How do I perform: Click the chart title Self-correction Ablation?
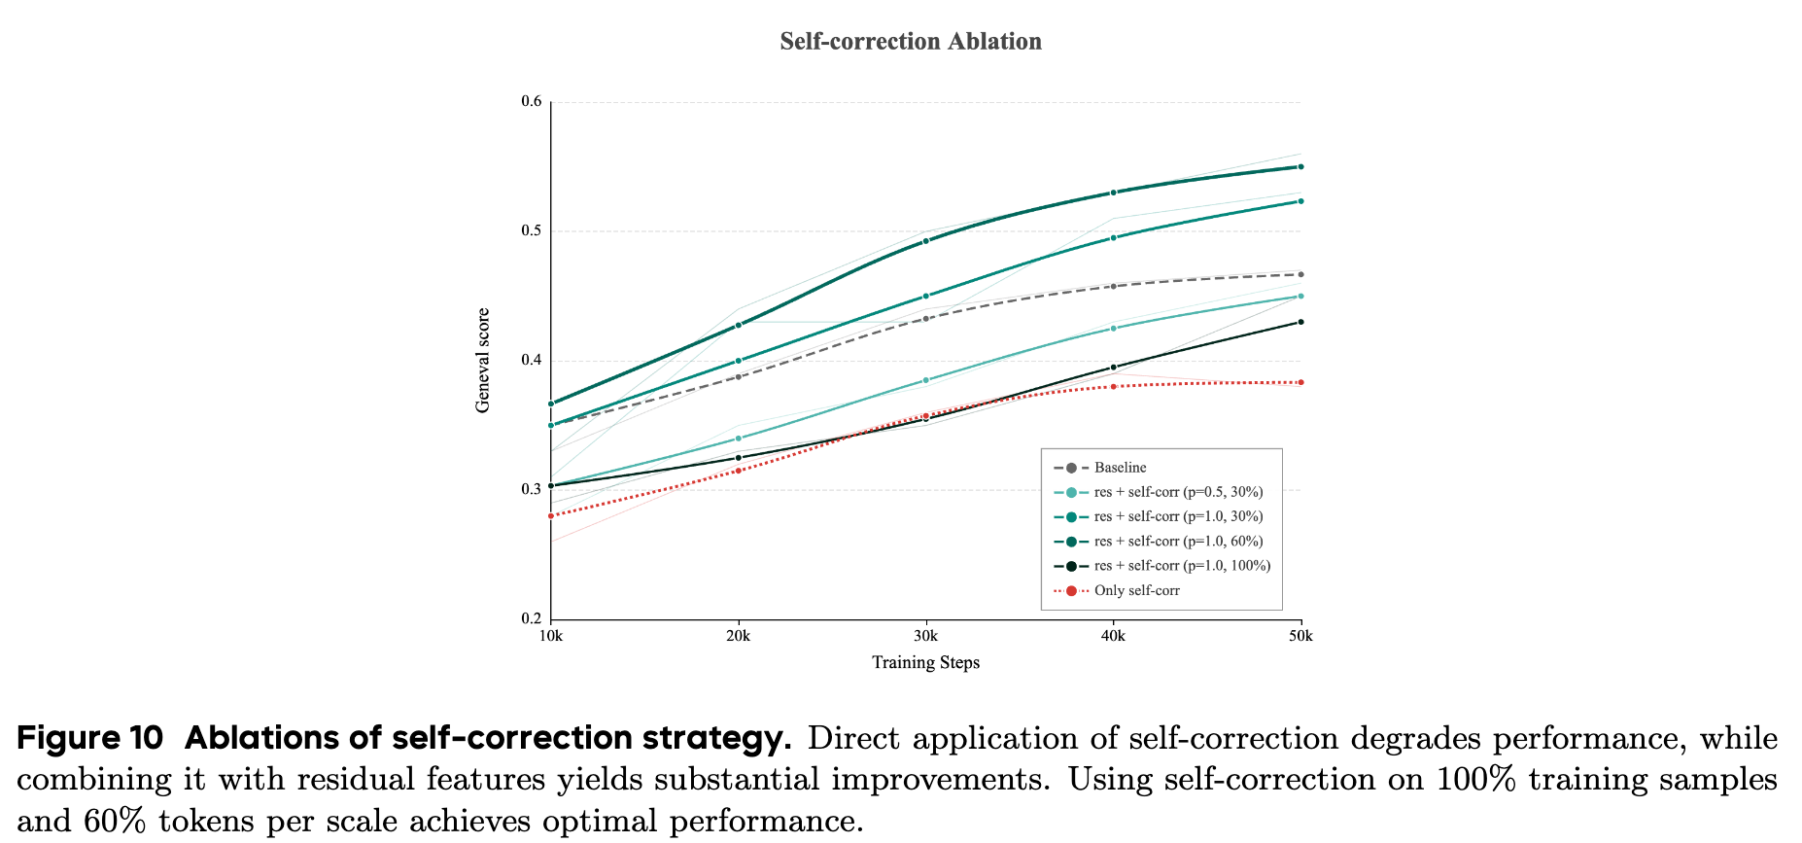911,42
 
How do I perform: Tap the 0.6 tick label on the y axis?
531,101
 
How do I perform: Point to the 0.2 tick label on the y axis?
531,618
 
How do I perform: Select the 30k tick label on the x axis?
925,637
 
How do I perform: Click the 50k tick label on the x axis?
1300,637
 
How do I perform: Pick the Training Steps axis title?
925,663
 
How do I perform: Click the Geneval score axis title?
483,361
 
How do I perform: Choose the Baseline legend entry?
1120,468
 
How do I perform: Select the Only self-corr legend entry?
1136,590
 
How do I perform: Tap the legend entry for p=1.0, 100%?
1181,566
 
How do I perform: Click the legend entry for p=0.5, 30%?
1178,492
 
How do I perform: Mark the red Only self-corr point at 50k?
1300,382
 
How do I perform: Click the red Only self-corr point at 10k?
551,515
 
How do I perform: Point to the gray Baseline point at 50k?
1300,274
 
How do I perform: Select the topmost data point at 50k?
1300,166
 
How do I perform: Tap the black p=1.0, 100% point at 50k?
1300,322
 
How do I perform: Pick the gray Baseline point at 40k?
1113,286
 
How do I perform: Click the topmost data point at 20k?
739,325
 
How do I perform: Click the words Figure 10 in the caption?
90,739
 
